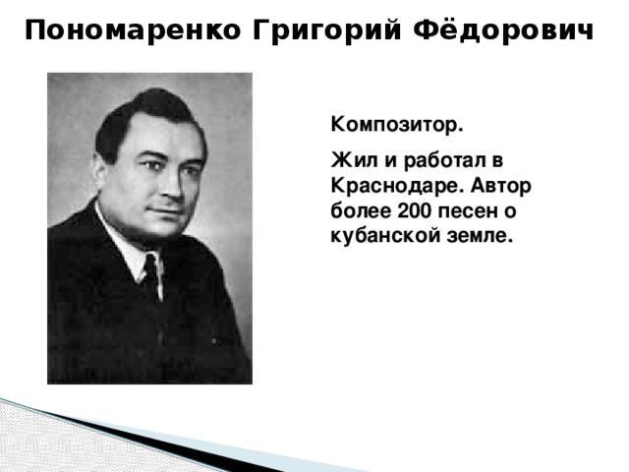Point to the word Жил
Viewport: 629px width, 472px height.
click(348, 160)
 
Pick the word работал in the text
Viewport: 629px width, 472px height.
click(437, 160)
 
